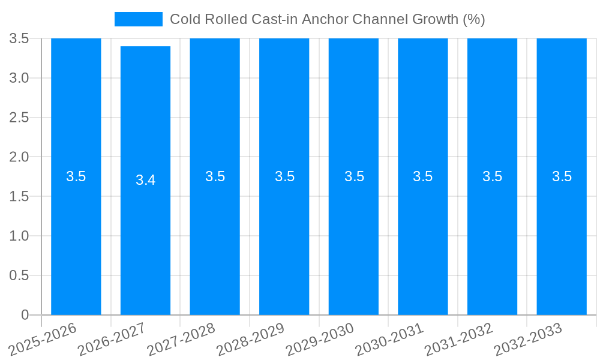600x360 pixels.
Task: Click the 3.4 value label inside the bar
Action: (145, 180)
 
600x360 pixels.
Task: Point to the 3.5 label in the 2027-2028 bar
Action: (215, 176)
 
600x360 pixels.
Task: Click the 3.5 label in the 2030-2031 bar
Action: (423, 176)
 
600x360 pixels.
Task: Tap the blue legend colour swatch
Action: (139, 19)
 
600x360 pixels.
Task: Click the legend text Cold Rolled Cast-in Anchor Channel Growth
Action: (327, 19)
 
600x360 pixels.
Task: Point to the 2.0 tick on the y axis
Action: (19, 157)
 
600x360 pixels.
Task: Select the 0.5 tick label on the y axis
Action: (19, 275)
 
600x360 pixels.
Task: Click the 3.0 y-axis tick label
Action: (19, 78)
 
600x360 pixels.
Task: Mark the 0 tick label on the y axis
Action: (25, 315)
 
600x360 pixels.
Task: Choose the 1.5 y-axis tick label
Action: (19, 197)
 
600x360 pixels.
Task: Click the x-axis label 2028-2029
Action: (250, 339)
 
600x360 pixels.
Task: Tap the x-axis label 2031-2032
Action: (459, 339)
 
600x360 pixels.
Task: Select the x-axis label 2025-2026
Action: (43, 339)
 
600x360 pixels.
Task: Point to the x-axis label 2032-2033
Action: (528, 339)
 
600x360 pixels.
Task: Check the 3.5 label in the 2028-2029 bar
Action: (284, 176)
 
